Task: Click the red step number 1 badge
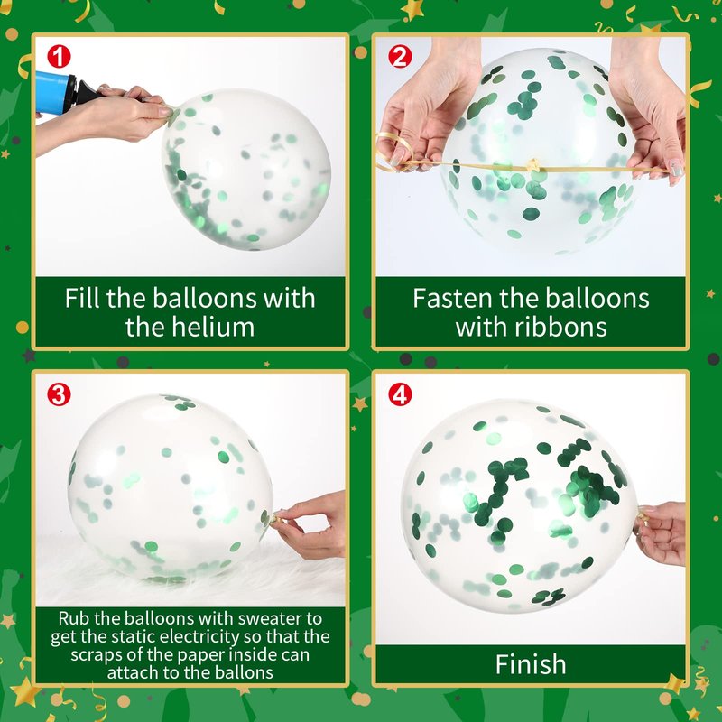pos(59,57)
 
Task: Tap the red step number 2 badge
pos(400,57)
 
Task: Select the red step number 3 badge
pos(59,394)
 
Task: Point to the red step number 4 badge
pos(400,394)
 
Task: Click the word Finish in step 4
pos(531,664)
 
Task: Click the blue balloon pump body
pos(52,93)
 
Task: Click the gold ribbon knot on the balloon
pos(533,164)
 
